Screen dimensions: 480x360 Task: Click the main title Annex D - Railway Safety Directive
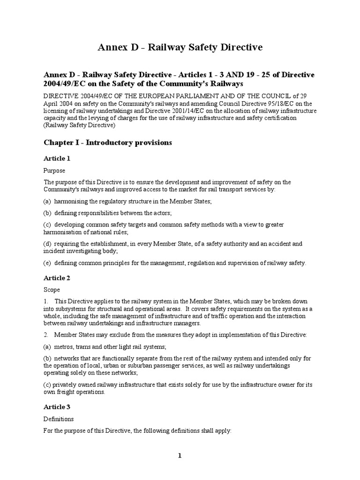[180, 47]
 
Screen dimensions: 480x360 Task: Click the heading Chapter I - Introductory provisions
[108, 142]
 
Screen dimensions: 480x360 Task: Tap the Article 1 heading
[57, 158]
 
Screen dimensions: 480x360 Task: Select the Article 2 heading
[57, 278]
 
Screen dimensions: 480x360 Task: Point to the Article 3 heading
[57, 407]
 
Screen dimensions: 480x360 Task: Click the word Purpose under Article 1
[54, 171]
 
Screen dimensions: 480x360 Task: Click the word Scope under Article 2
[52, 290]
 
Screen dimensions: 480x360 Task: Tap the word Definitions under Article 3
[59, 419]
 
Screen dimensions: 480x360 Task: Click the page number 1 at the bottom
[180, 456]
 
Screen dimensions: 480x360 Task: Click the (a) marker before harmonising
[48, 202]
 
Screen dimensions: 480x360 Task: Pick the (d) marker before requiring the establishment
[48, 244]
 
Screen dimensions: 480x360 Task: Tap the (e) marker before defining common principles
[48, 263]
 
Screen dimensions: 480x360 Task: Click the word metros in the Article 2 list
[63, 347]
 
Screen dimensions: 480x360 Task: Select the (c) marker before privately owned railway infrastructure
[47, 385]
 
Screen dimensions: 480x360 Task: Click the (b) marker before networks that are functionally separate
[48, 359]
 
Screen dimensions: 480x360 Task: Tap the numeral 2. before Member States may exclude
[46, 335]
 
